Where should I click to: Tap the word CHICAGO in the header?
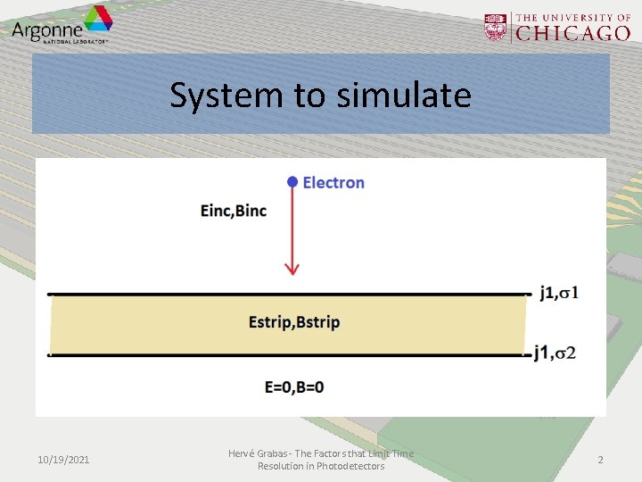pyautogui.click(x=574, y=33)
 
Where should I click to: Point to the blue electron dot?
pyautogui.click(x=291, y=182)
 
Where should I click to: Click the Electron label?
pyautogui.click(x=333, y=183)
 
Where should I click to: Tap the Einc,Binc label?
pyautogui.click(x=234, y=211)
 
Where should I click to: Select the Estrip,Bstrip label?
pyautogui.click(x=294, y=322)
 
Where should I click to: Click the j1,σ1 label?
pyautogui.click(x=559, y=292)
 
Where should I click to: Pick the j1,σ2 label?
pyautogui.click(x=555, y=353)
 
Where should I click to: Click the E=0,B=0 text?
pyautogui.click(x=294, y=387)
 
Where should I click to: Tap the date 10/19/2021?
pyautogui.click(x=63, y=460)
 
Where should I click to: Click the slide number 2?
pyautogui.click(x=600, y=460)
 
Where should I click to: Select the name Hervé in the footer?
pyautogui.click(x=243, y=453)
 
